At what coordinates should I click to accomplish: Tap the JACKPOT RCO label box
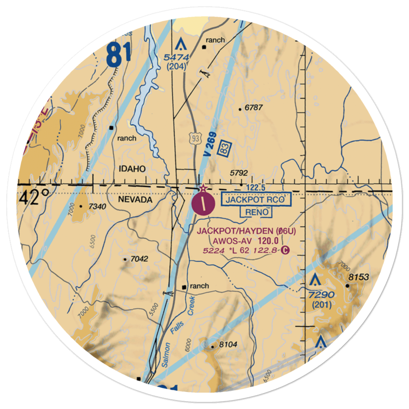click(x=256, y=200)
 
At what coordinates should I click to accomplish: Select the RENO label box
click(x=256, y=212)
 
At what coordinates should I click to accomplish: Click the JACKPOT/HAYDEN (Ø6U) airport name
click(x=246, y=231)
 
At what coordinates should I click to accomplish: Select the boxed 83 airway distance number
click(x=223, y=147)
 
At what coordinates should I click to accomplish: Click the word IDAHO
click(x=133, y=169)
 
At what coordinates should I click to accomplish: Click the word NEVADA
click(x=135, y=200)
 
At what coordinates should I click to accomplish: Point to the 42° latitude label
click(x=35, y=198)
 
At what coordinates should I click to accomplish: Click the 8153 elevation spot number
click(x=358, y=277)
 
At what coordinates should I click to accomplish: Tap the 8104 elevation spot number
click(x=228, y=345)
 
